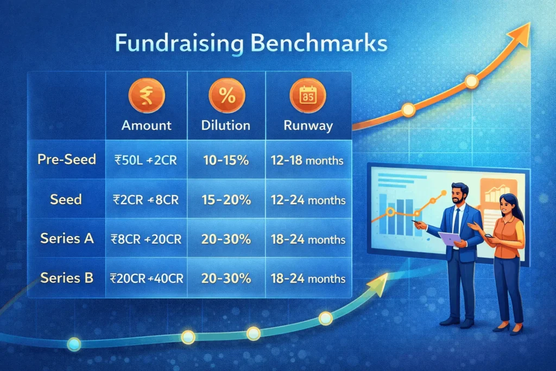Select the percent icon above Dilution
[x=226, y=96]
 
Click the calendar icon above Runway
[x=307, y=96]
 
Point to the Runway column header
[x=308, y=125]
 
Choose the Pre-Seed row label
[x=67, y=160]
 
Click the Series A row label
[x=67, y=238]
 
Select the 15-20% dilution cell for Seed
[x=226, y=199]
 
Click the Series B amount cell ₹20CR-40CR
[x=147, y=278]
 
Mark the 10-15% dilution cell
[x=226, y=160]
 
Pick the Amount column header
[x=147, y=125]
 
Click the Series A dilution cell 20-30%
[x=226, y=239]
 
